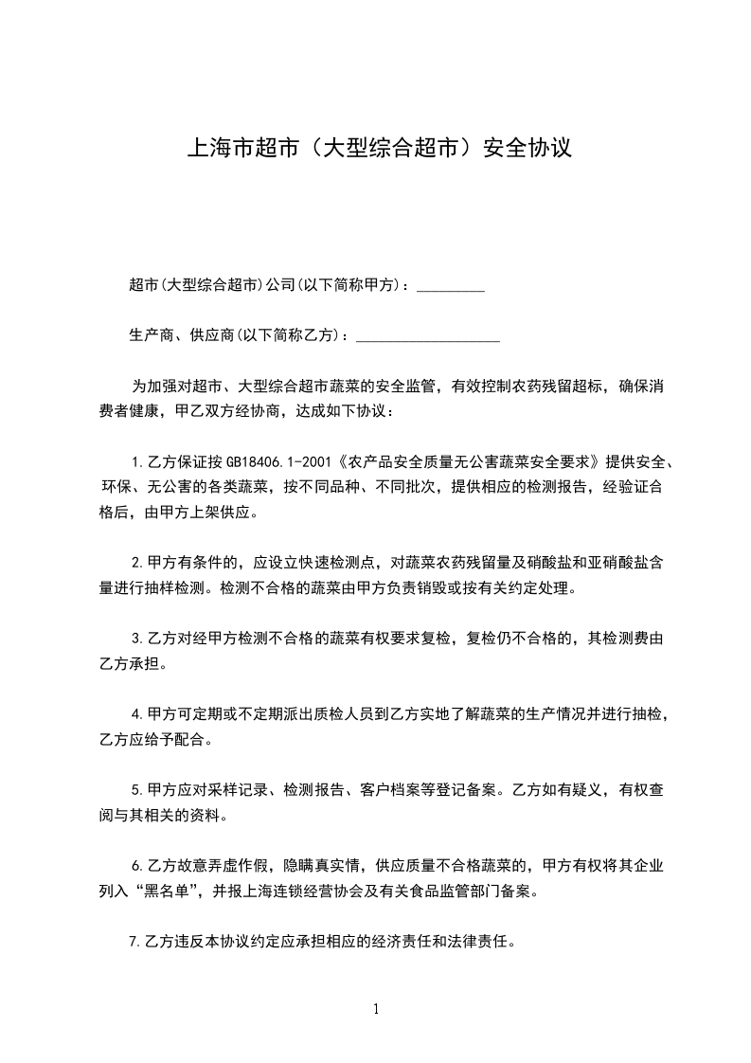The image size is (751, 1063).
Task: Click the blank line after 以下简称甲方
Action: click(451, 285)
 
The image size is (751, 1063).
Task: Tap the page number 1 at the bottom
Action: click(376, 1009)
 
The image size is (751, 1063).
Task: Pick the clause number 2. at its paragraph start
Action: click(138, 562)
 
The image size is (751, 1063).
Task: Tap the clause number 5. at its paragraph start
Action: click(138, 789)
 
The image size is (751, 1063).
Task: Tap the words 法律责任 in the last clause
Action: click(484, 943)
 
